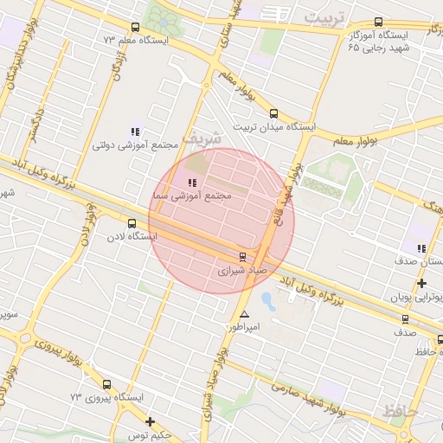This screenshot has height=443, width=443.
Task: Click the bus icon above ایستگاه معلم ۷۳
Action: click(133, 28)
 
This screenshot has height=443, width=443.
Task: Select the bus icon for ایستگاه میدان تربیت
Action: click(274, 113)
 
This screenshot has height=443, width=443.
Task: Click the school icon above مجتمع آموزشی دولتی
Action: click(135, 132)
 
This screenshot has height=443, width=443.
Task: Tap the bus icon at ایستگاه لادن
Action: click(132, 223)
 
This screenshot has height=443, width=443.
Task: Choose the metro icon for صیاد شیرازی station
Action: click(242, 256)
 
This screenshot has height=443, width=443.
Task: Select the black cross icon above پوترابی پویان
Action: click(421, 283)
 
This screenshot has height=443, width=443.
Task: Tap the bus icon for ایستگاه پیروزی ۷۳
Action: click(106, 384)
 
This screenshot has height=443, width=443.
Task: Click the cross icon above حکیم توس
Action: click(151, 422)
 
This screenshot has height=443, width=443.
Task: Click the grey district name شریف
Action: click(205, 138)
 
